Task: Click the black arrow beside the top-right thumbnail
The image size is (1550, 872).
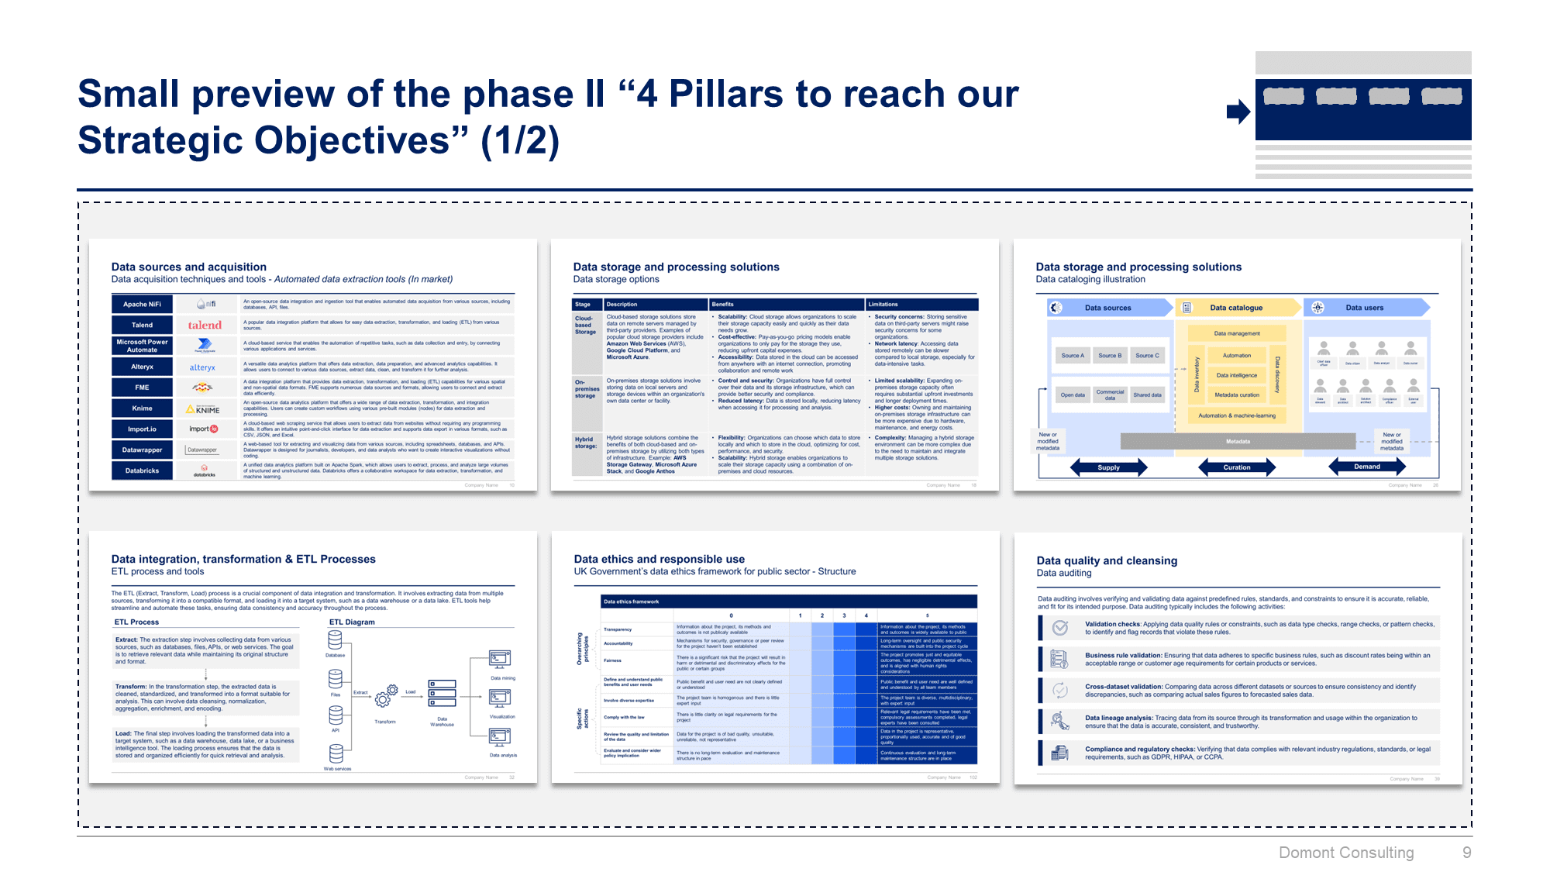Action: click(1238, 112)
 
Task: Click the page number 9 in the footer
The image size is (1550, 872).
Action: click(1466, 853)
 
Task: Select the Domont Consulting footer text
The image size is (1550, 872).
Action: click(1346, 853)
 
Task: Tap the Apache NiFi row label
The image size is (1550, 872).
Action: click(142, 305)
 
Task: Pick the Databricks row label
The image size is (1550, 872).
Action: click(142, 470)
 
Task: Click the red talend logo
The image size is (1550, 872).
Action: click(205, 326)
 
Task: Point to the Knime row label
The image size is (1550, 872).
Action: click(142, 408)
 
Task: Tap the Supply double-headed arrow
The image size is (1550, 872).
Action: click(1108, 467)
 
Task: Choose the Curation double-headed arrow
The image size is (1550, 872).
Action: click(1237, 467)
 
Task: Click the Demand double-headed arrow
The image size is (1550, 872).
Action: click(1367, 467)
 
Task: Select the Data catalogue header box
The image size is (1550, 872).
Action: click(1237, 308)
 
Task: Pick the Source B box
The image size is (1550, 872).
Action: click(1110, 356)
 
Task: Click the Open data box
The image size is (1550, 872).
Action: click(1073, 395)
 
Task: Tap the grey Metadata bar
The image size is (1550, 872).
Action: click(1238, 442)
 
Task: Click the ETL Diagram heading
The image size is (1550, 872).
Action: click(352, 622)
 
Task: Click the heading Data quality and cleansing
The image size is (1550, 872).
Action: click(1107, 560)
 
